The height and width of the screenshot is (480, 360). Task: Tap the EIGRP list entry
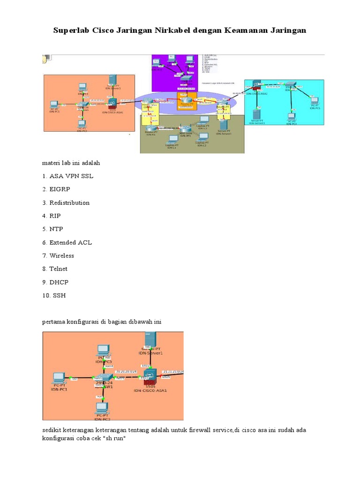(x=59, y=189)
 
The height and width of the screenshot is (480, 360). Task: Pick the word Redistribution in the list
(x=69, y=202)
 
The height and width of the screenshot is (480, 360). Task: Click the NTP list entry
(x=56, y=229)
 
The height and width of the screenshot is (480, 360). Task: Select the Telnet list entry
(x=58, y=269)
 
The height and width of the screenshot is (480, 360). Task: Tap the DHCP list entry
(x=59, y=282)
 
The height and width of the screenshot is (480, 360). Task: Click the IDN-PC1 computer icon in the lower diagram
(x=59, y=378)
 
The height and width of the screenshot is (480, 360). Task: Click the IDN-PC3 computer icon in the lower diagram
(x=103, y=350)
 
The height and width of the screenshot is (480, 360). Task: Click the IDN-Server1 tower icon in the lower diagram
(x=150, y=339)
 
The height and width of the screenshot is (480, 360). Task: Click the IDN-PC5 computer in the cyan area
(x=315, y=101)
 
